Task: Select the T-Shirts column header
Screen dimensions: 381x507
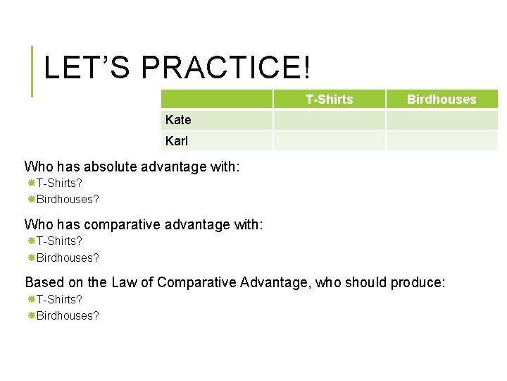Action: [x=329, y=99]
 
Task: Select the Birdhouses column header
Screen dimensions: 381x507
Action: [x=442, y=99]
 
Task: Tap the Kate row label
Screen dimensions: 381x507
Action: [x=178, y=120]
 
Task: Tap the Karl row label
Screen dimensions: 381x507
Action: [x=177, y=140]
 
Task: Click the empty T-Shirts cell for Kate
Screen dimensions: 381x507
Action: [x=329, y=120]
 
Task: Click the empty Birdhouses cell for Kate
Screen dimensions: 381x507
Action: [x=442, y=120]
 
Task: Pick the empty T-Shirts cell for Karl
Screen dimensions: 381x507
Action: [x=329, y=140]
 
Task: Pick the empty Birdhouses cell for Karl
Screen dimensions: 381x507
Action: [x=442, y=140]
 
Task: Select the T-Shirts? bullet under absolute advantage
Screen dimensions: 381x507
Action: [x=59, y=183]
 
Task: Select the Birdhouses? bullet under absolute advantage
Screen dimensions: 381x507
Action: [x=68, y=199]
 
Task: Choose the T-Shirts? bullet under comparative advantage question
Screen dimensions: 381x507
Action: [x=59, y=241]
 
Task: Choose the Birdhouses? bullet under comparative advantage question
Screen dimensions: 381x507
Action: [x=68, y=258]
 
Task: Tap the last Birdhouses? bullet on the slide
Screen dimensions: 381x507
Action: [x=68, y=315]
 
